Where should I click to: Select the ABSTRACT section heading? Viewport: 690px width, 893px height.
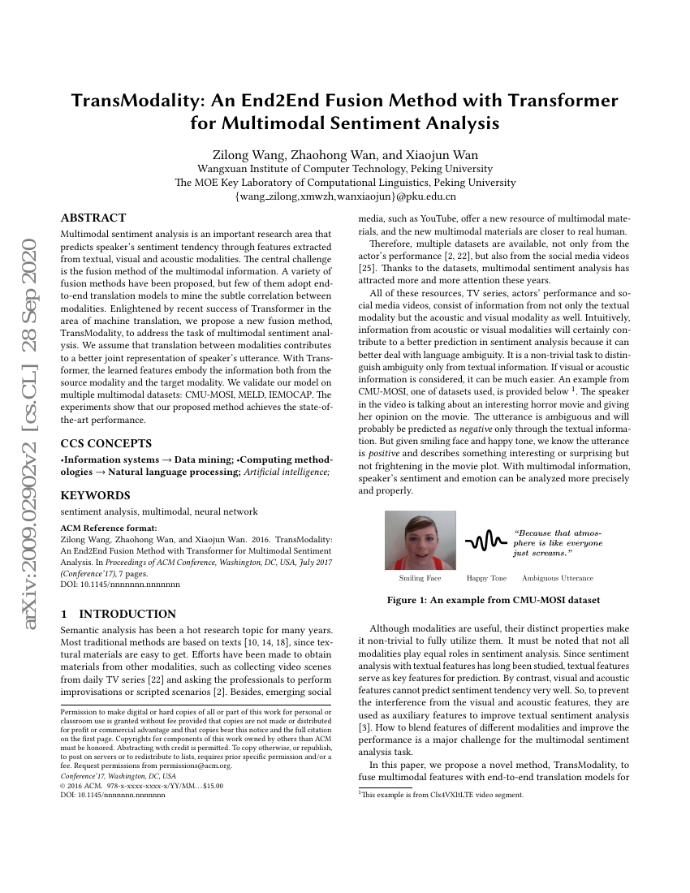coord(93,218)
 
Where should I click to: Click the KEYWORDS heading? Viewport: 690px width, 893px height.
coord(96,495)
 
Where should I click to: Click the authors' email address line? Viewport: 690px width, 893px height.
coord(345,196)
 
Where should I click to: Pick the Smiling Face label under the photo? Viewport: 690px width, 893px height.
coord(420,578)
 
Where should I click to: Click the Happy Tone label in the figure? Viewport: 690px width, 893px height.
coord(486,578)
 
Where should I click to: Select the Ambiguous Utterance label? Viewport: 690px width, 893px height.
coord(557,578)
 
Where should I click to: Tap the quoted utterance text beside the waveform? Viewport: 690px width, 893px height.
coord(558,542)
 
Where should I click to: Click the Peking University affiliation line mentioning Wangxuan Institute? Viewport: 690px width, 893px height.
coord(345,169)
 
